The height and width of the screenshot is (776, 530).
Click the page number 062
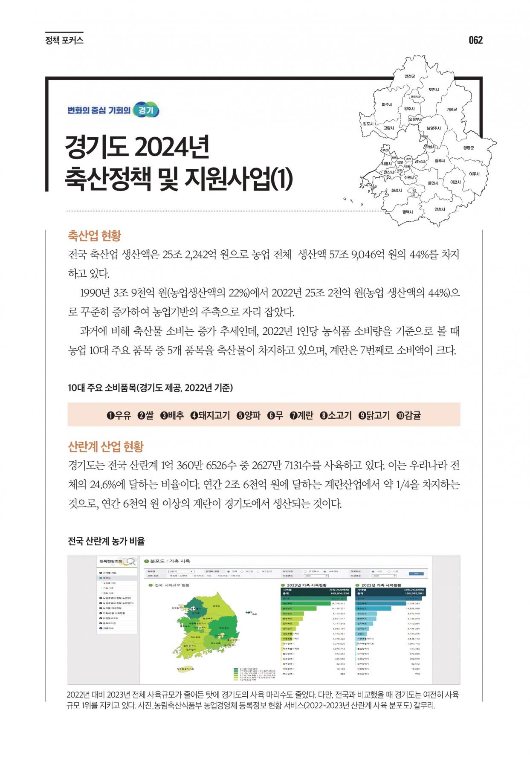click(x=475, y=40)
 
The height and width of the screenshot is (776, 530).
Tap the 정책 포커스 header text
click(x=64, y=41)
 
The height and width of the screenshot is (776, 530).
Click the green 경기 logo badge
click(x=146, y=110)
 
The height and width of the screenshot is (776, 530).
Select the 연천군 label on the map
click(x=410, y=76)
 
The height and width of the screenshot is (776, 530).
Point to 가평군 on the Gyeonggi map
click(x=452, y=110)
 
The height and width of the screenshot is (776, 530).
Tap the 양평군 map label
click(x=469, y=148)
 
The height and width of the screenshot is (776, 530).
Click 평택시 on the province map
click(x=408, y=211)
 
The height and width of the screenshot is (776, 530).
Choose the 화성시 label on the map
click(x=397, y=191)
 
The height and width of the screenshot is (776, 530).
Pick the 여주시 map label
click(x=474, y=174)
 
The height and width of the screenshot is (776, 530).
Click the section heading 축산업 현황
click(x=94, y=235)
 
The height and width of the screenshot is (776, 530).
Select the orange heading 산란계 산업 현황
click(x=106, y=446)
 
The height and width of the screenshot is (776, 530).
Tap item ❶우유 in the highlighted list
click(x=119, y=415)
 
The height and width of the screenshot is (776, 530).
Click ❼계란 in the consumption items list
click(x=301, y=415)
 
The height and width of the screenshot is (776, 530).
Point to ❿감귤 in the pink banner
click(x=408, y=415)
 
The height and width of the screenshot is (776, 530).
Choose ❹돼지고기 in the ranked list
click(x=210, y=415)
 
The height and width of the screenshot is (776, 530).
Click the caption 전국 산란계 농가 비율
click(x=107, y=541)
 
